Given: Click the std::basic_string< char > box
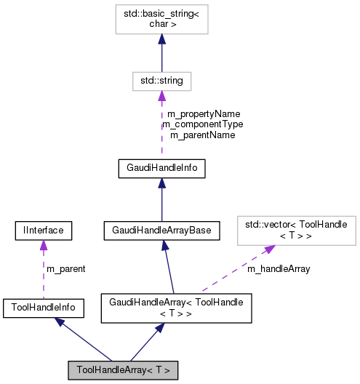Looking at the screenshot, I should click(161, 19).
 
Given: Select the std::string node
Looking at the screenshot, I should click(161, 80).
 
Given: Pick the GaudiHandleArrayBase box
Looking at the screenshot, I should click(161, 231).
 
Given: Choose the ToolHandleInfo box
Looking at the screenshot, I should click(43, 308).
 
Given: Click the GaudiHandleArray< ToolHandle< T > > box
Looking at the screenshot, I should click(175, 308).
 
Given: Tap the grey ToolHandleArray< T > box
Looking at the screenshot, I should click(123, 370).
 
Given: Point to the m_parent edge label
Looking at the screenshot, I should click(65, 269).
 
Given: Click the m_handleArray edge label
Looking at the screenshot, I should click(279, 269).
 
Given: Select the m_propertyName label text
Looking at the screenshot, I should click(204, 114).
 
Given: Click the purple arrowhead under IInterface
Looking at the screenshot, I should click(43, 246).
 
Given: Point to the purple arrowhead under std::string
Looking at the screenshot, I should click(161, 96).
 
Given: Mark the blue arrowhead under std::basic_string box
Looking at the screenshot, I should click(161, 40).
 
